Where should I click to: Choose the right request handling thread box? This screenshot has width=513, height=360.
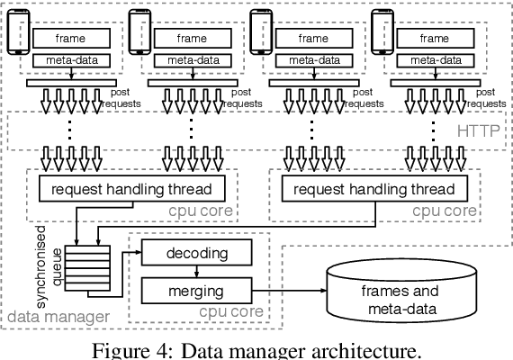(375, 190)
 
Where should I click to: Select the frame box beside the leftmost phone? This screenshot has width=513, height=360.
(72, 39)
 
